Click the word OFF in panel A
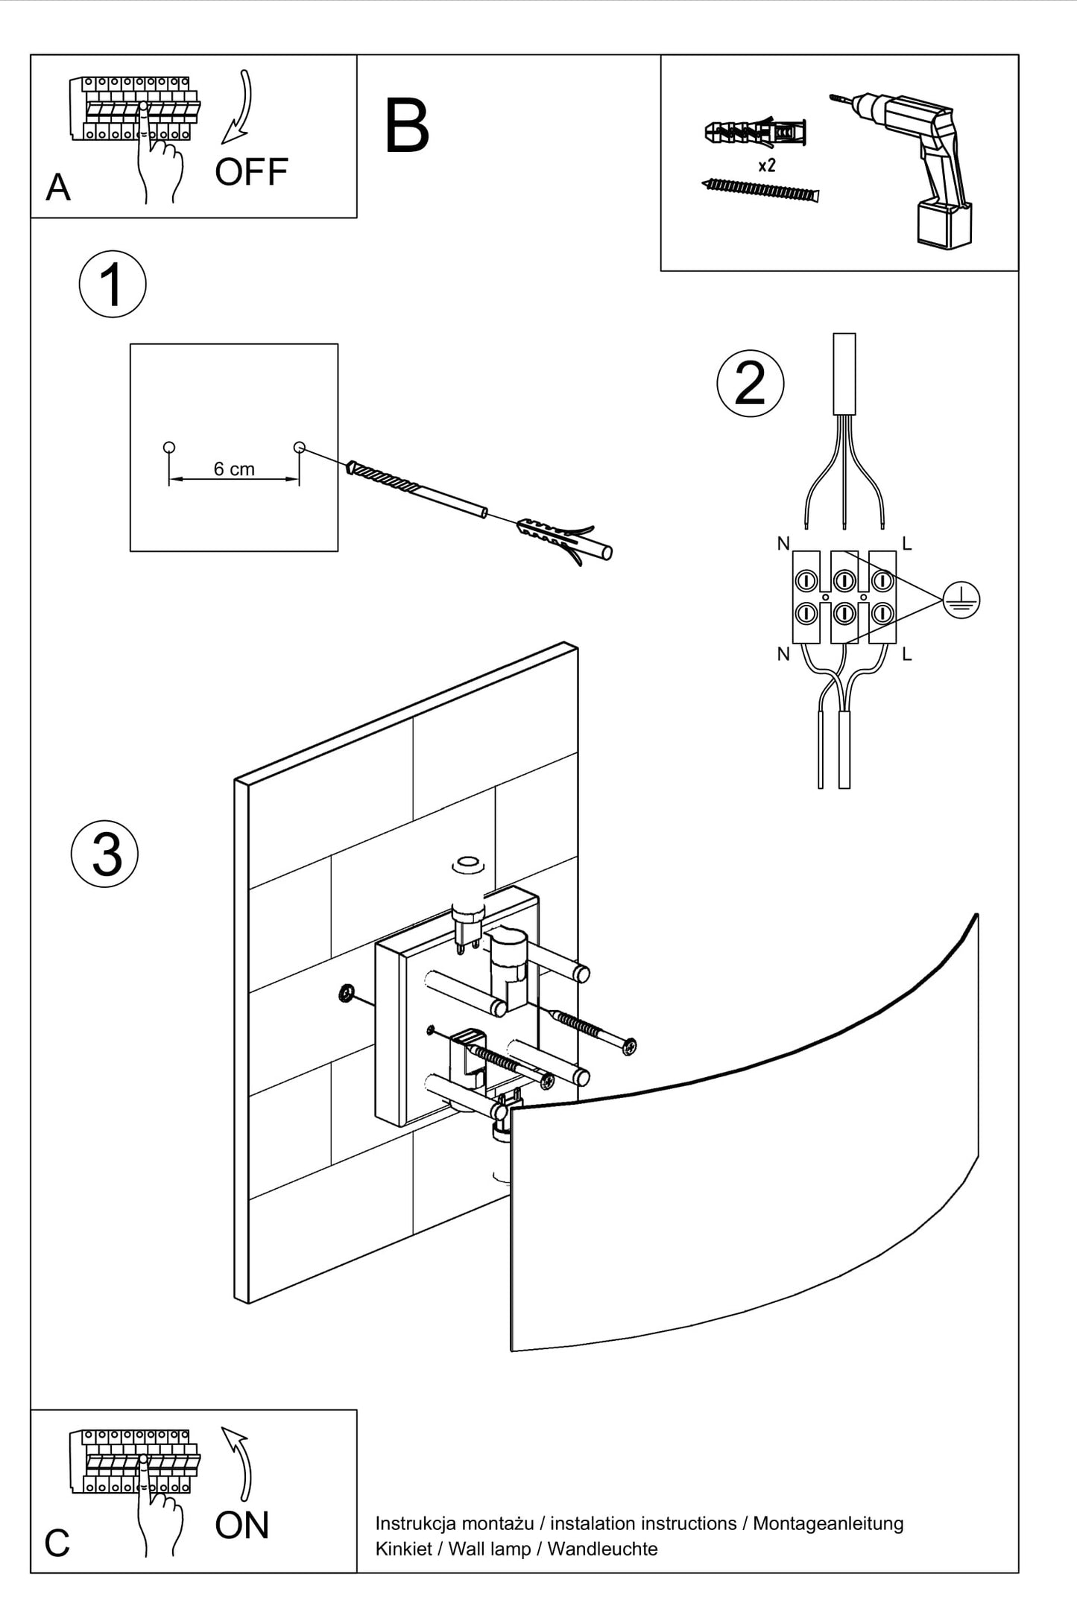point(251,172)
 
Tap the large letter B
point(407,127)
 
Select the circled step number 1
point(113,284)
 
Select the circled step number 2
point(750,383)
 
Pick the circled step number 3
point(105,854)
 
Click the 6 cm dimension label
point(234,469)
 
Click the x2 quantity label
point(766,165)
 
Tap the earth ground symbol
point(961,600)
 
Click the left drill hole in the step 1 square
point(169,448)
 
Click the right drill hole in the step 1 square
point(300,448)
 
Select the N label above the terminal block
point(783,544)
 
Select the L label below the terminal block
point(907,654)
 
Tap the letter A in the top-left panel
point(58,187)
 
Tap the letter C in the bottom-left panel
point(57,1543)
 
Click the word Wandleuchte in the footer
point(602,1549)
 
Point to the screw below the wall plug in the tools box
point(760,190)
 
